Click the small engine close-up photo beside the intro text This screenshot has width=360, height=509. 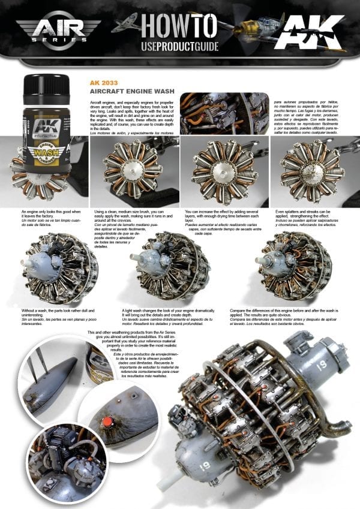point(224,113)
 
